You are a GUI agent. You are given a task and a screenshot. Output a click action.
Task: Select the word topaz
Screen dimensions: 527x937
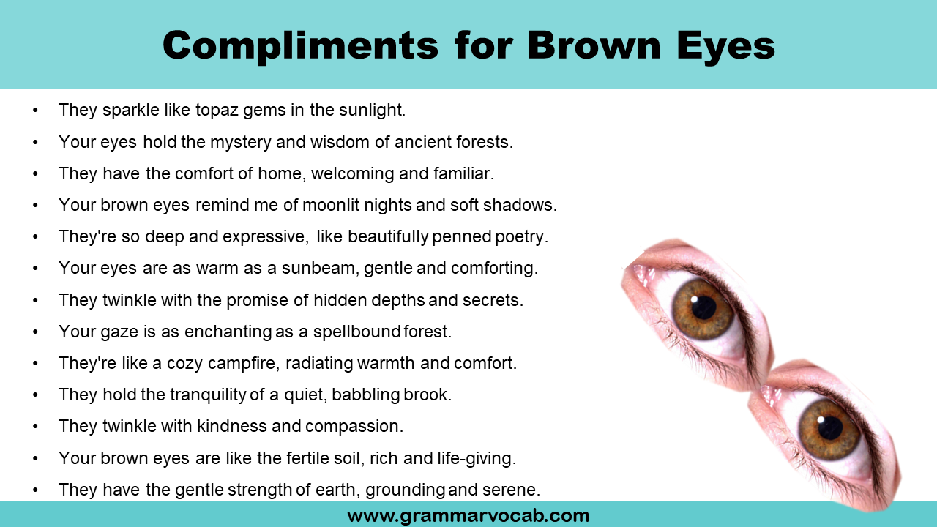tap(217, 111)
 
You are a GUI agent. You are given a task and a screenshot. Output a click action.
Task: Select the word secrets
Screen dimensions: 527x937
tap(497, 300)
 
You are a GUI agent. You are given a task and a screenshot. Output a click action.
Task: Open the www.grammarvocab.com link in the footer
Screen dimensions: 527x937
tap(468, 515)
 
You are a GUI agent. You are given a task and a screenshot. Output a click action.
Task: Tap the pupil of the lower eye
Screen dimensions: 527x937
tap(830, 427)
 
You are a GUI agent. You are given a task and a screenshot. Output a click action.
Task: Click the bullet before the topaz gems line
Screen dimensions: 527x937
tap(35, 111)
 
